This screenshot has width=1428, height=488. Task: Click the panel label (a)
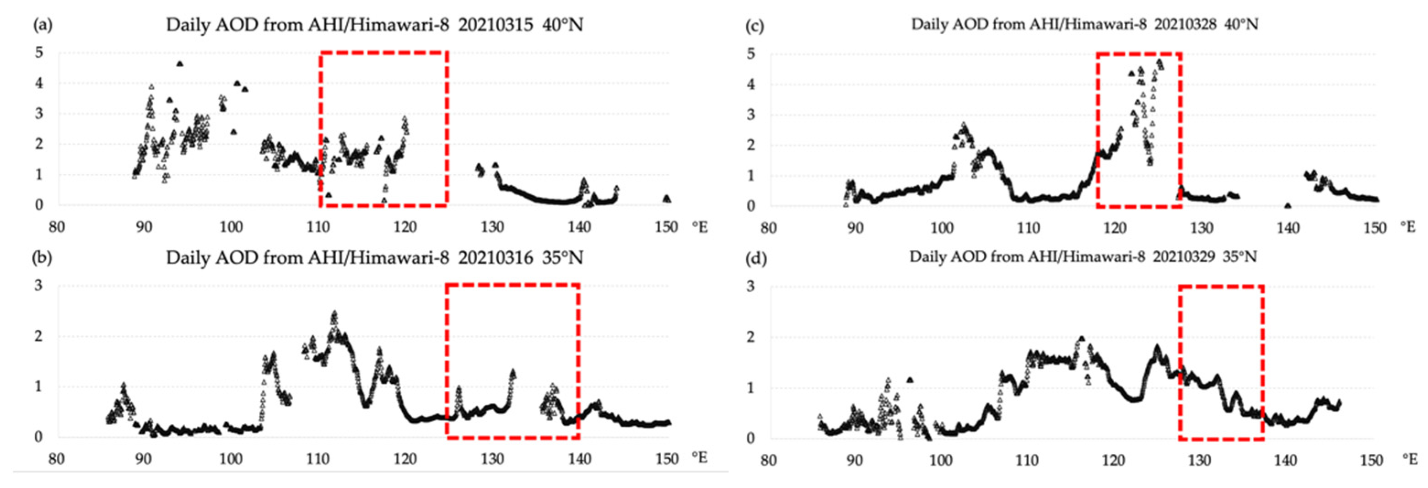[x=43, y=25]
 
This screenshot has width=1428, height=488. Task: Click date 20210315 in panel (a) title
[x=495, y=25]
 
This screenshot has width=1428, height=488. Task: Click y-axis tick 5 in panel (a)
[x=39, y=53]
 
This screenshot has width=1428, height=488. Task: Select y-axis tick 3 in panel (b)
[x=39, y=286]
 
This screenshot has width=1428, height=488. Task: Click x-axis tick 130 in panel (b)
[x=492, y=459]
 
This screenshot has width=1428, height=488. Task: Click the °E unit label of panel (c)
[x=1407, y=226]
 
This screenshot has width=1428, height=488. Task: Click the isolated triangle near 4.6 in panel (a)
[x=180, y=64]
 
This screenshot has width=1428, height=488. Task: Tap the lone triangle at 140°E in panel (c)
[x=1287, y=205]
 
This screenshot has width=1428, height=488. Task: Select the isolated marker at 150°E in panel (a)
[x=667, y=198]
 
